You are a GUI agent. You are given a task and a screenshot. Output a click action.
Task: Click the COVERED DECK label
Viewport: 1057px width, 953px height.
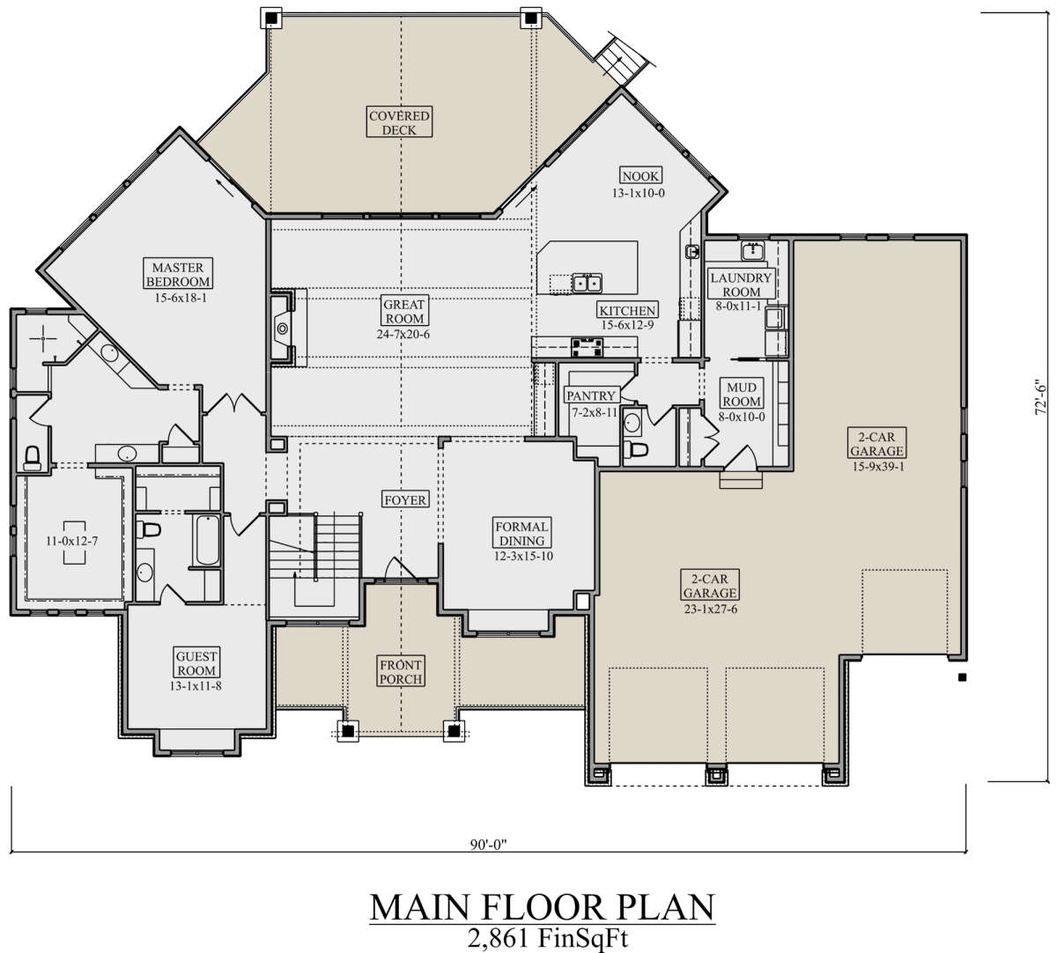click(x=399, y=122)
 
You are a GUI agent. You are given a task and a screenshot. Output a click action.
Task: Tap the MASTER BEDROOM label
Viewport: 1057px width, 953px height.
click(x=178, y=274)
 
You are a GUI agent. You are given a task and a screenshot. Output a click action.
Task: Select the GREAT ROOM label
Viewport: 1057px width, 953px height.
click(x=404, y=311)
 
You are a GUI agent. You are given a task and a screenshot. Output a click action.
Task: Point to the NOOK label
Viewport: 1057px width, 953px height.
click(x=640, y=176)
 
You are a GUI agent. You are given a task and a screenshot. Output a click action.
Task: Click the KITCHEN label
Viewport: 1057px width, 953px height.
click(x=627, y=310)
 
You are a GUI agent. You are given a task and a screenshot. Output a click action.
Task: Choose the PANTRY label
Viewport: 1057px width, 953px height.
click(x=591, y=395)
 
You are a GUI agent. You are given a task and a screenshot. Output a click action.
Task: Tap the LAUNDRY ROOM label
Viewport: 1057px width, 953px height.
click(x=741, y=284)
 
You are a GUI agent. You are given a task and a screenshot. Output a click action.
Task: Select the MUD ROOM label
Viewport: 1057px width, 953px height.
click(x=742, y=395)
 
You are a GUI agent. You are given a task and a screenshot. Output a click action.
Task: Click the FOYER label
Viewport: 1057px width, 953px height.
click(x=405, y=499)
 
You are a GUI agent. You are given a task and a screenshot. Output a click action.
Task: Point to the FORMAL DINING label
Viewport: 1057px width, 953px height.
click(x=522, y=534)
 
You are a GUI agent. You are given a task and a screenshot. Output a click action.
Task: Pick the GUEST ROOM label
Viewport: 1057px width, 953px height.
click(x=196, y=663)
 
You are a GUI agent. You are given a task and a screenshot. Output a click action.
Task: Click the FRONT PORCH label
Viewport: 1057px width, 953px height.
click(x=401, y=672)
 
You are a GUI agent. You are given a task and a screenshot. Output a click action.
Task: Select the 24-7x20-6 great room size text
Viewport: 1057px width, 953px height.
click(x=403, y=334)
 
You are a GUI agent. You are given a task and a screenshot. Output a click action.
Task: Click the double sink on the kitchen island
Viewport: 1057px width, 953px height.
click(x=587, y=283)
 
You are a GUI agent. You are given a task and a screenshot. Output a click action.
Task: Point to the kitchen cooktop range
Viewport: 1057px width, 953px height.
click(x=587, y=347)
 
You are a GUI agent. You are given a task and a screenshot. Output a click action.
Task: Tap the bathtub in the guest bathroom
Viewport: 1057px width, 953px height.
click(x=208, y=541)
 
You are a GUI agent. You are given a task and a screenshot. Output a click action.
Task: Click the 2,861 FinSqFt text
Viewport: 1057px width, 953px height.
click(x=548, y=938)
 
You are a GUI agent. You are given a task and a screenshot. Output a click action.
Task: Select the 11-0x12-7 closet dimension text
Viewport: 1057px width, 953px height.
click(x=72, y=541)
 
